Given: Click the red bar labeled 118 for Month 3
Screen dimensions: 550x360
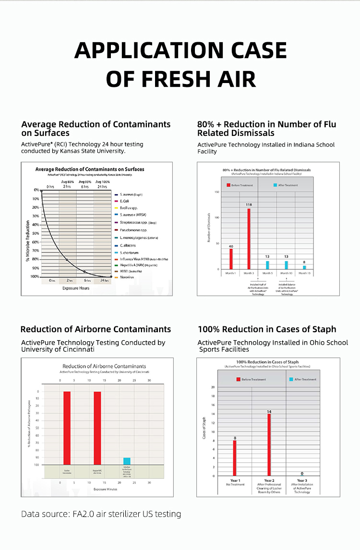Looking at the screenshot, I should pos(249,239).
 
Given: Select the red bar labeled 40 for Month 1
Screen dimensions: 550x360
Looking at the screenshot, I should pos(231,259).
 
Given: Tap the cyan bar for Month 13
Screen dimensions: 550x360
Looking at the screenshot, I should pos(304,267).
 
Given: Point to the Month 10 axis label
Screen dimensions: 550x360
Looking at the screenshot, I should pos(286,273).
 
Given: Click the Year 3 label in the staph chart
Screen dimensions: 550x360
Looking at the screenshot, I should pos(302,480).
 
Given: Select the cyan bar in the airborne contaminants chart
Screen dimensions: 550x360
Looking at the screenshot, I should pos(127,461).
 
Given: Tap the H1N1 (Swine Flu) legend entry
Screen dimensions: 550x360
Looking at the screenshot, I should pos(131,271).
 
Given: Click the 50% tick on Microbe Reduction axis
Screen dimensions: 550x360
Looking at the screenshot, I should pos(36,233).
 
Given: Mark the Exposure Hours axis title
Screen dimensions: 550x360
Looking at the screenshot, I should pos(76,288).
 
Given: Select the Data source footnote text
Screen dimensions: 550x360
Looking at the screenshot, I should pos(101,514).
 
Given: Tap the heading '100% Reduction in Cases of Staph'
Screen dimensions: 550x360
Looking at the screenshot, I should pos(267,329).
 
